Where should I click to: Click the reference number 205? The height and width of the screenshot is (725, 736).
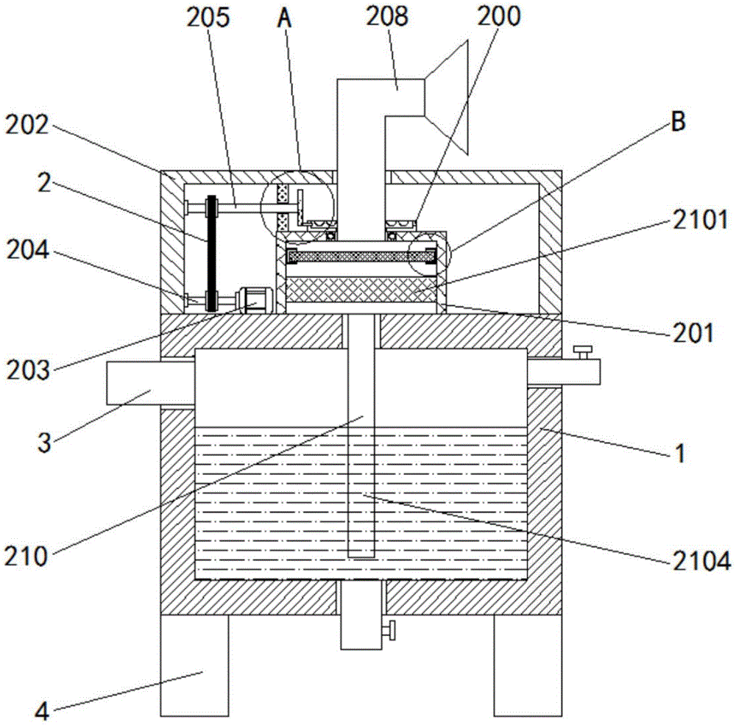coord(208,18)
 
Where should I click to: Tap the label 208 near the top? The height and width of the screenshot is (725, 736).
coord(387,16)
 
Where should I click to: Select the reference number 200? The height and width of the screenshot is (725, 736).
coord(499,16)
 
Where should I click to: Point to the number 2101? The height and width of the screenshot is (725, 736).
coord(701,219)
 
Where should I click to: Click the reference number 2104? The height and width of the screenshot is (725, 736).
coord(702,561)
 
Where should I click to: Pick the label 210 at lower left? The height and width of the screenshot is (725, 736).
coord(26,557)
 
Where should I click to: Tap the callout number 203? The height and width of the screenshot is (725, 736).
coord(28,371)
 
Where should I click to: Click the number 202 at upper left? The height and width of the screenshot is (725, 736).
coord(27,125)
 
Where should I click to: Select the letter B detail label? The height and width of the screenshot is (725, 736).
coord(679,121)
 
